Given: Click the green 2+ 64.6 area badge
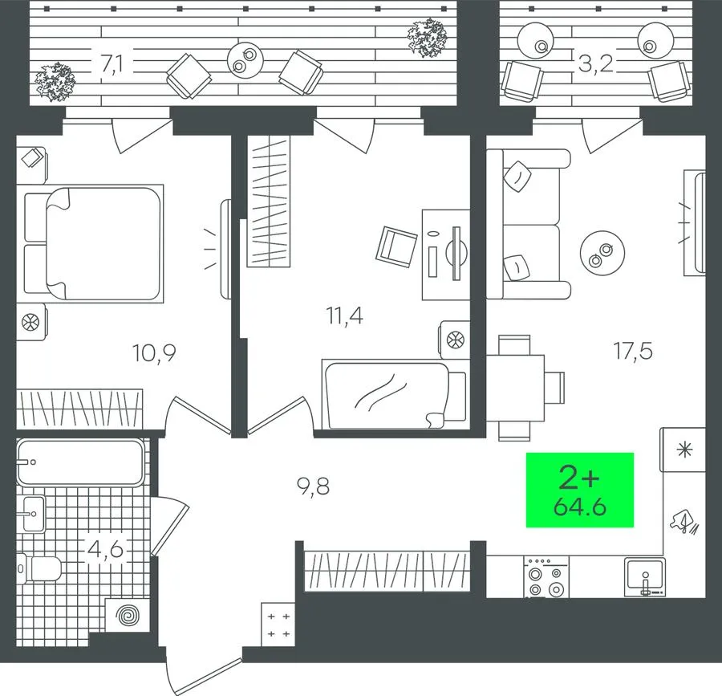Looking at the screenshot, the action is click(580, 490).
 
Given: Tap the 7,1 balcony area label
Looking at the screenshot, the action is click(112, 64).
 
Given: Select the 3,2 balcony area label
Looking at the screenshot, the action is click(596, 64).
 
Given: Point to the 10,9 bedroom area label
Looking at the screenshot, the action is click(154, 353).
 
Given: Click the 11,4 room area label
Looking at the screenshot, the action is click(344, 316).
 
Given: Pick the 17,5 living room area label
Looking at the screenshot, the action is click(633, 351).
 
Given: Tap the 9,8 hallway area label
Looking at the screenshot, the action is click(313, 486).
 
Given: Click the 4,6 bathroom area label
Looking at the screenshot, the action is click(105, 549).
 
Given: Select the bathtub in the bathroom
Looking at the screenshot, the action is click(80, 462).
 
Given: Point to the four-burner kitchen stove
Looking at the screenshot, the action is click(546, 576).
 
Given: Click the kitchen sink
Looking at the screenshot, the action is click(645, 576).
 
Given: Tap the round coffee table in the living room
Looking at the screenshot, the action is click(602, 253).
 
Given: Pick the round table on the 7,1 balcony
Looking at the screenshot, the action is click(245, 60).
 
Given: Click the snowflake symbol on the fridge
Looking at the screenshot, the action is click(685, 450).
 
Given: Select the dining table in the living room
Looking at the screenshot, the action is click(515, 387).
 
